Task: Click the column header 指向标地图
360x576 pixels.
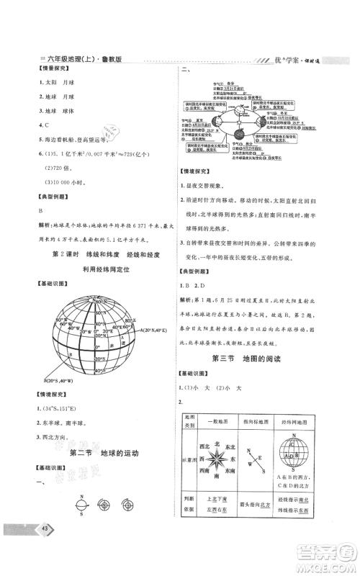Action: [252, 418]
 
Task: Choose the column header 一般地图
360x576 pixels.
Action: [207, 418]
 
